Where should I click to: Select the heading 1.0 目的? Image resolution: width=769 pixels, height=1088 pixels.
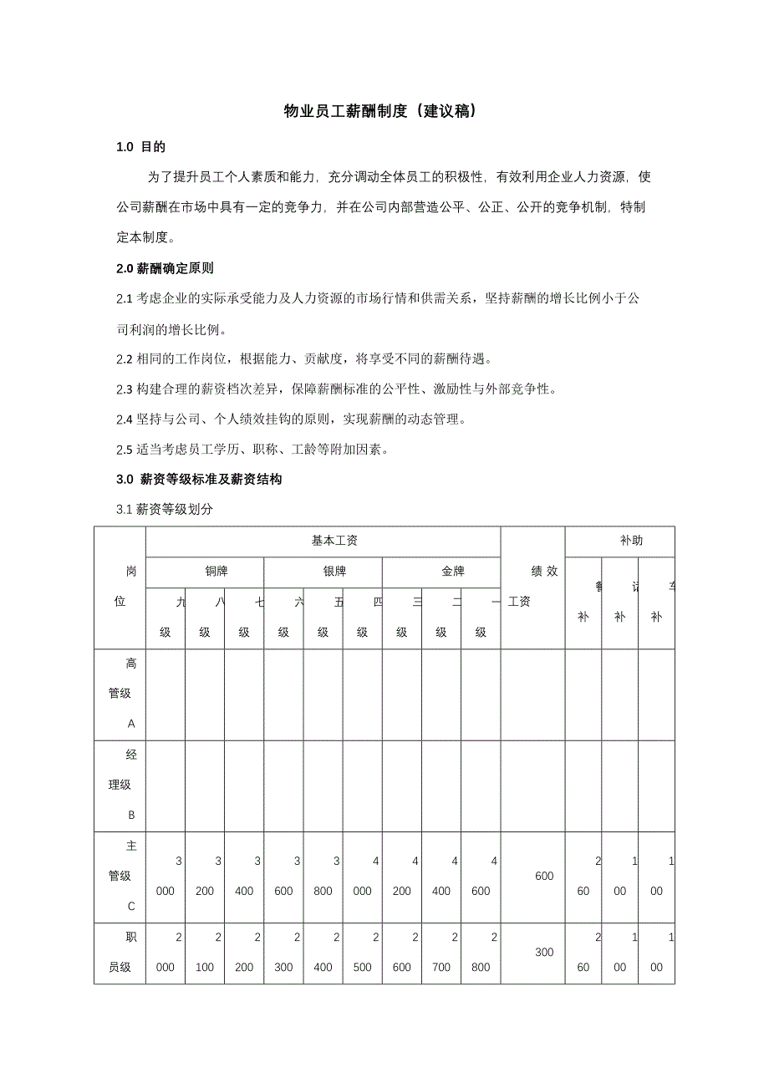click(x=141, y=147)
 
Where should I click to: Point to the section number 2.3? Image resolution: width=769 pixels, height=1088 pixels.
click(x=125, y=389)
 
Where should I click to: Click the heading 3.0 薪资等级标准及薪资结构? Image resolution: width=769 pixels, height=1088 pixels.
click(x=200, y=480)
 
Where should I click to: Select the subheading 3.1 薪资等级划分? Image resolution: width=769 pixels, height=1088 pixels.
click(x=165, y=510)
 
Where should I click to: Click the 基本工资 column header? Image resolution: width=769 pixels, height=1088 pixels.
click(x=323, y=541)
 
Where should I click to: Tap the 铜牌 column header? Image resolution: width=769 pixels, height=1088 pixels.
click(x=206, y=572)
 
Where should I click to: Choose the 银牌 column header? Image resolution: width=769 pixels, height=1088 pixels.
click(x=323, y=572)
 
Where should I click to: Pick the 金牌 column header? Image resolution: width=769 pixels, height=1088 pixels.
click(x=441, y=572)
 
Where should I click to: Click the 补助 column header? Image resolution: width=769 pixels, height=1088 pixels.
click(x=620, y=541)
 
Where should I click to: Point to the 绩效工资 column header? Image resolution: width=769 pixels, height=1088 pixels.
click(x=532, y=586)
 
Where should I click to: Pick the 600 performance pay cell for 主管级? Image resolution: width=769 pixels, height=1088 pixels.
click(x=544, y=876)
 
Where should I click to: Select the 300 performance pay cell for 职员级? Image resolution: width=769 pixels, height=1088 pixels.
click(x=544, y=952)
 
